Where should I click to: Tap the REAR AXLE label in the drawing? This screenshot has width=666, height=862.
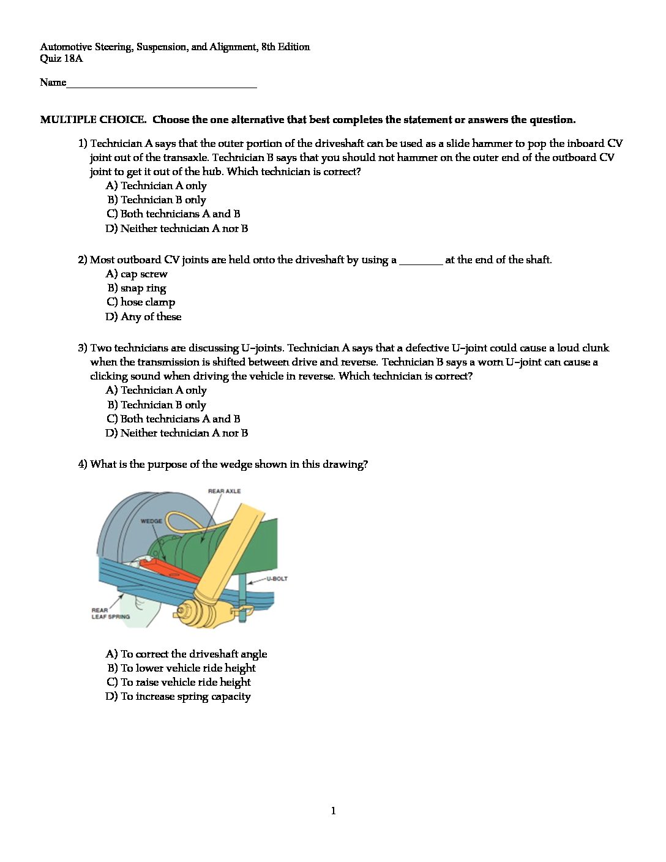(224, 491)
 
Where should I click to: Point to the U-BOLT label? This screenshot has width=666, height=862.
(277, 579)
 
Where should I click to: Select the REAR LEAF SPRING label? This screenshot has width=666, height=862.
(110, 613)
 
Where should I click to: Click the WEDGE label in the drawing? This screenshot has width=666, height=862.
(151, 522)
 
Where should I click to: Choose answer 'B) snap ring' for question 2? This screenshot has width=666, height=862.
(137, 288)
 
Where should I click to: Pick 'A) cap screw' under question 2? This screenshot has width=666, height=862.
(137, 274)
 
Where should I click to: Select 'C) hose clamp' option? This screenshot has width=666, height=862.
(141, 302)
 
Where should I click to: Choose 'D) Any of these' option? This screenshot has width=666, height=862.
(143, 317)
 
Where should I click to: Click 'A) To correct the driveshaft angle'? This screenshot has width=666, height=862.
(186, 654)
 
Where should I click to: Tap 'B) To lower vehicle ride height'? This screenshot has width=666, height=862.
(181, 668)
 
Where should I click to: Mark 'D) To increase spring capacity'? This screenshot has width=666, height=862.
(178, 696)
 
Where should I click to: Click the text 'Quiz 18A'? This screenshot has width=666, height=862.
(61, 59)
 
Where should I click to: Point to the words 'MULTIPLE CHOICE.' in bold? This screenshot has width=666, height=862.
(93, 120)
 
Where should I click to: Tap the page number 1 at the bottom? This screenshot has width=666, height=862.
(333, 811)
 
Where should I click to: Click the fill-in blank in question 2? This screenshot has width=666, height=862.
(421, 261)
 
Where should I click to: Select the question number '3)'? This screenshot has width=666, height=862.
(83, 348)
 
